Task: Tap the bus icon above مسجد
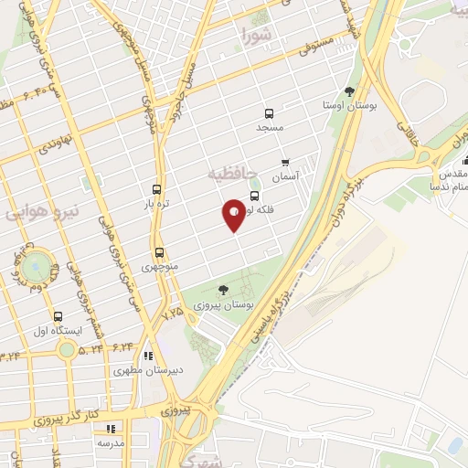click(269, 114)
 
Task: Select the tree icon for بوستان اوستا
click(349, 90)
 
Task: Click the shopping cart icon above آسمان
click(284, 162)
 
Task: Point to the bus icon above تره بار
click(157, 189)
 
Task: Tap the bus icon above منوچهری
click(159, 252)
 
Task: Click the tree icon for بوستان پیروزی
click(223, 289)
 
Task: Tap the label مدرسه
click(113, 442)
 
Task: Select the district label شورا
click(259, 36)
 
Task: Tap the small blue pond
click(454, 445)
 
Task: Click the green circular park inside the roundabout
click(36, 268)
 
